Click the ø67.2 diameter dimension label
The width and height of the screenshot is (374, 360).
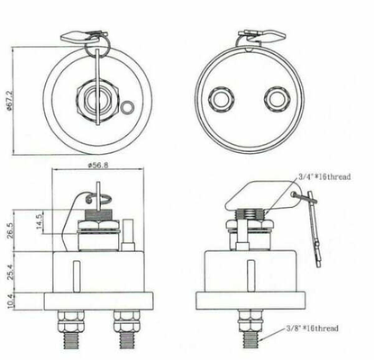(x=8, y=100)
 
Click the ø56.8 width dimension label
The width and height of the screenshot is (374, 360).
(x=98, y=166)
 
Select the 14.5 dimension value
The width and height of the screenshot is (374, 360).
(x=40, y=221)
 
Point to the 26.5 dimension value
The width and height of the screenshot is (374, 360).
(x=10, y=231)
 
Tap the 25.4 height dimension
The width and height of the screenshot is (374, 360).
(x=10, y=272)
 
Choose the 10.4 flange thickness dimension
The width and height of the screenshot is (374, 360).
(x=10, y=301)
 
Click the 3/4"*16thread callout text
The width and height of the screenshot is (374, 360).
(x=324, y=176)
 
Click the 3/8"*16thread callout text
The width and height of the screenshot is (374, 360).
(x=312, y=328)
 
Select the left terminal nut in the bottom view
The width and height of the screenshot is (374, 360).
(x=222, y=99)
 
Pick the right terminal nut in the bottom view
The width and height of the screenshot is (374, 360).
(x=278, y=99)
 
